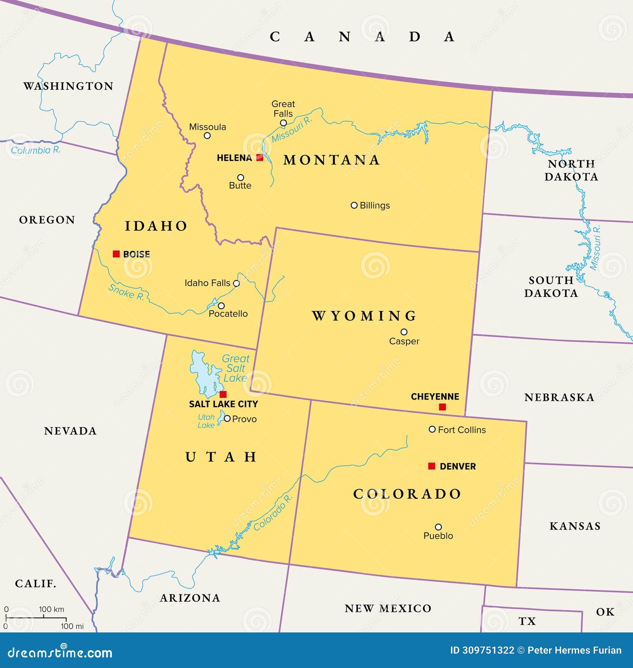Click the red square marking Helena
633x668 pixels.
[260, 158]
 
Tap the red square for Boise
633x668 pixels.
[116, 254]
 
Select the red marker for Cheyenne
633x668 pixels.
[442, 407]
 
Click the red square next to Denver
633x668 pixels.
[432, 466]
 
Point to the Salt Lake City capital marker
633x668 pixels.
[223, 394]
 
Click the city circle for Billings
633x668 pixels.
[354, 205]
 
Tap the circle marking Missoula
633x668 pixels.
[207, 136]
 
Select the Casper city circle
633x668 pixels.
[404, 332]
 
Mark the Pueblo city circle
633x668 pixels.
[438, 527]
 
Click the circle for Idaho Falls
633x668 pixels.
[237, 283]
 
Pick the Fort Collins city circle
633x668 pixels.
[432, 429]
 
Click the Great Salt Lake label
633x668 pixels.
[235, 368]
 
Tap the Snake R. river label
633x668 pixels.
[126, 292]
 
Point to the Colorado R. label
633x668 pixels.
[273, 513]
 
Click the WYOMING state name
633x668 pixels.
[364, 316]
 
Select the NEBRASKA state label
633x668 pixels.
[559, 398]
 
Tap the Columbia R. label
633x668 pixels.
[36, 150]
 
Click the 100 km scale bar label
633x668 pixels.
[51, 609]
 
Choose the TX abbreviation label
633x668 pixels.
[527, 621]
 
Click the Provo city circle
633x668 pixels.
[227, 418]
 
